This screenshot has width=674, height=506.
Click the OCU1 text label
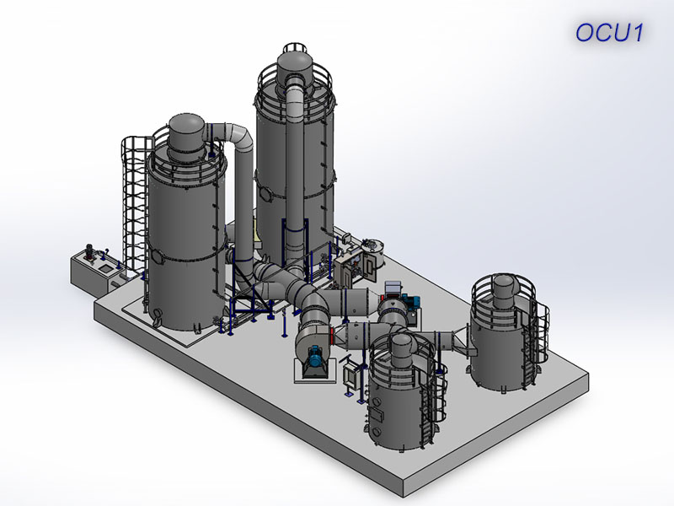(609, 33)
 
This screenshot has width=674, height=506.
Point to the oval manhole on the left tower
(158, 256)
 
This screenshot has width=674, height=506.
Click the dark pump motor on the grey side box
(90, 251)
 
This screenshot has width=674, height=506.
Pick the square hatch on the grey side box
(104, 269)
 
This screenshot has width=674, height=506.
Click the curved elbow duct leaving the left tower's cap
(233, 137)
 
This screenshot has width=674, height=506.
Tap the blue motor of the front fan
(317, 355)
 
